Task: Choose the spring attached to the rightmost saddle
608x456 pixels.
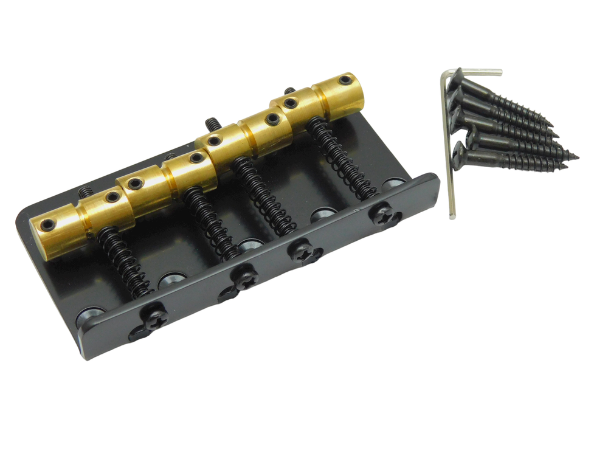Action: tap(340, 158)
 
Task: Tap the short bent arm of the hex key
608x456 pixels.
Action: tap(480, 71)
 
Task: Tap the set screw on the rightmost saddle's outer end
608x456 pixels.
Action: tap(345, 80)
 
